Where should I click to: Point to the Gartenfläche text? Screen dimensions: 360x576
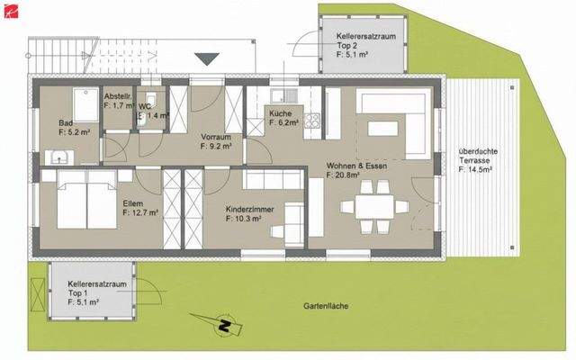point(326,306)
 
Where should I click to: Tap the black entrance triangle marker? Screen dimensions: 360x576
point(206,59)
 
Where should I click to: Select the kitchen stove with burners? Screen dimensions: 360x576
point(313,120)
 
